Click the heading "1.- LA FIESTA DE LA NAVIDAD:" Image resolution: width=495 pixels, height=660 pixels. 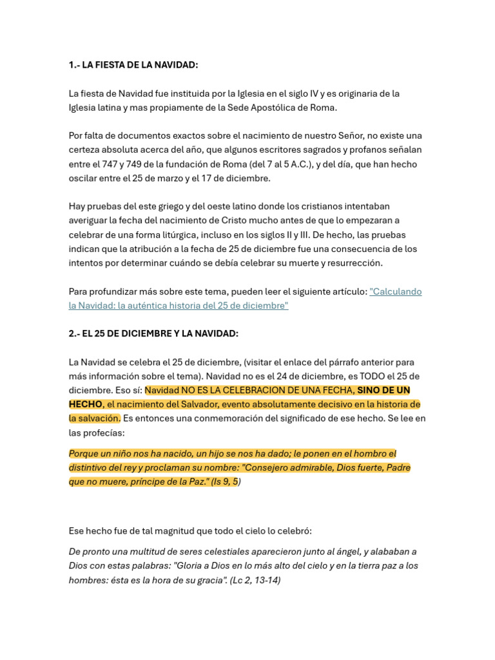133,65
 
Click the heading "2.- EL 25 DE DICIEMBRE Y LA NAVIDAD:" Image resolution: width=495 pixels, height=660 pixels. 153,333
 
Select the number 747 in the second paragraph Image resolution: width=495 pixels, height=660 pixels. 104,164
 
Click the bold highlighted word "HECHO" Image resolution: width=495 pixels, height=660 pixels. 85,404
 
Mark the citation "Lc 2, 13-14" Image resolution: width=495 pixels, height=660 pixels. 255,580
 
